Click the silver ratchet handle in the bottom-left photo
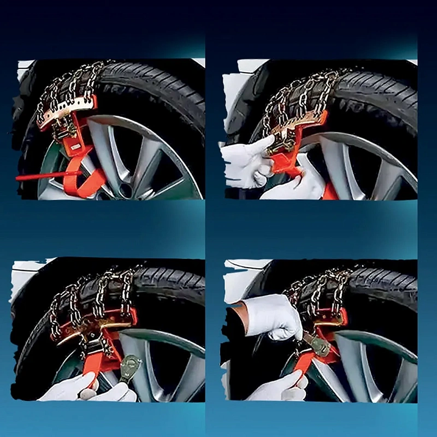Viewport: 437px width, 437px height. click(131, 367)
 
